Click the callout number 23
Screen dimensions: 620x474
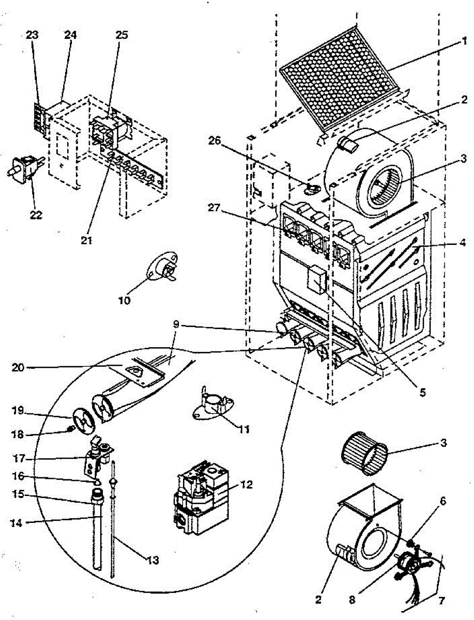pyautogui.click(x=32, y=35)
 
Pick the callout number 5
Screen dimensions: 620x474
pyautogui.click(x=422, y=392)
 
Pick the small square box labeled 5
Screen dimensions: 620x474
pyautogui.click(x=316, y=281)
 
